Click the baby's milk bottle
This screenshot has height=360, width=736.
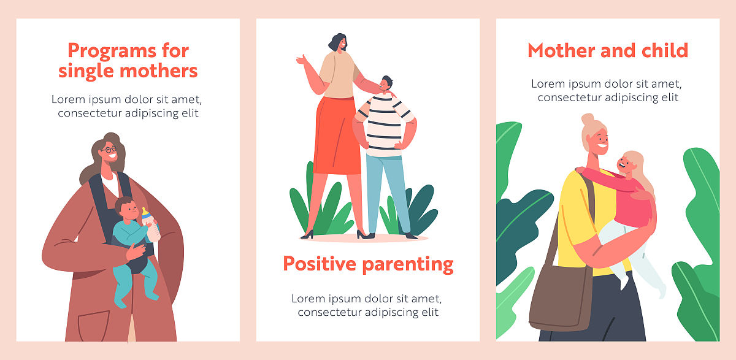click(150, 225)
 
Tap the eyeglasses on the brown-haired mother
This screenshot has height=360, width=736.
click(109, 150)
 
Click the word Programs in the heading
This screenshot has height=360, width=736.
click(112, 52)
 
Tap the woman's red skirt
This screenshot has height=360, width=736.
click(337, 136)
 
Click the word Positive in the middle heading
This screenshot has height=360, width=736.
click(320, 264)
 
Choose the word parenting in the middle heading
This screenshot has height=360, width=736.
click(408, 266)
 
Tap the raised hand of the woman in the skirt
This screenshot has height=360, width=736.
click(302, 60)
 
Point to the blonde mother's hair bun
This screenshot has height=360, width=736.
click(588, 119)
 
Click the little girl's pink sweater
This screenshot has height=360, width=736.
click(624, 197)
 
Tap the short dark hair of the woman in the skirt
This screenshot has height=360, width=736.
click(337, 41)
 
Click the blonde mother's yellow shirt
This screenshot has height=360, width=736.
click(581, 223)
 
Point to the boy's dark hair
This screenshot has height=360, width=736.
click(387, 80)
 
